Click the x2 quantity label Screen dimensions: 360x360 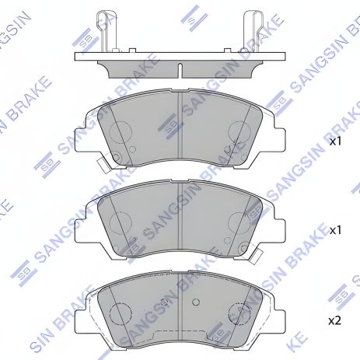pos(335,320)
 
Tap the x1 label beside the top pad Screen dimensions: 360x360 pos(335,142)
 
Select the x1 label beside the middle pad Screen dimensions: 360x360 pos(335,231)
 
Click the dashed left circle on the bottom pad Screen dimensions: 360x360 pos(119,315)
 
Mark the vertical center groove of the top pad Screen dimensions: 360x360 pos(180,128)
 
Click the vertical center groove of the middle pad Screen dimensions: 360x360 pos(180,218)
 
